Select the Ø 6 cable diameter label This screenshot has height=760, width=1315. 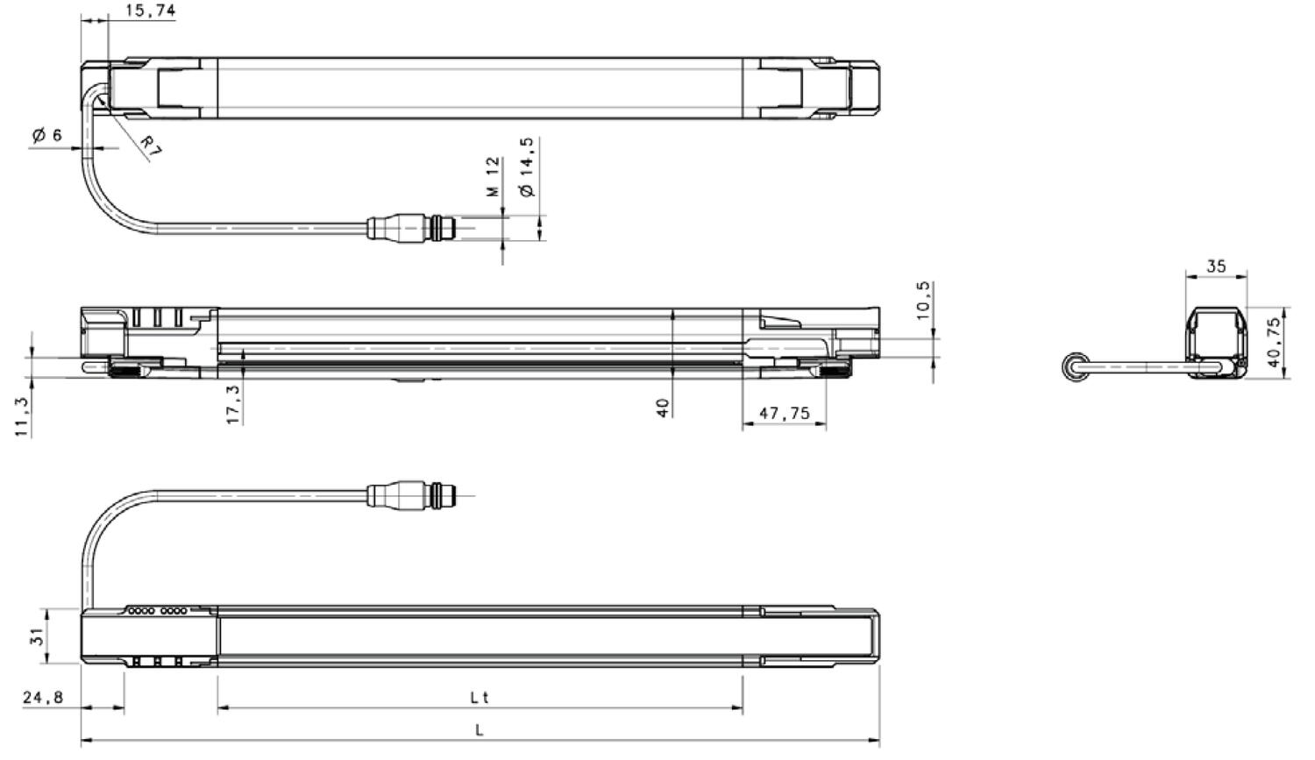(46, 135)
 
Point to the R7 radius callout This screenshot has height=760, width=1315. (151, 146)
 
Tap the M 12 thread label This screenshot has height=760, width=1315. (493, 176)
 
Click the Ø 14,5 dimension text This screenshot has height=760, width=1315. (526, 167)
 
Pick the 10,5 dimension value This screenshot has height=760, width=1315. (922, 301)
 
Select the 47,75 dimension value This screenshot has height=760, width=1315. (784, 413)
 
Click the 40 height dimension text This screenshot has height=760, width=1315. (663, 408)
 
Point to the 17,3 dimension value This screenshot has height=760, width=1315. (233, 403)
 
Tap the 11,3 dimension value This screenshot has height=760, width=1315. (23, 416)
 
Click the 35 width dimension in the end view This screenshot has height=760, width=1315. (1216, 266)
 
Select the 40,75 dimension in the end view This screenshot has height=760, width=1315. (1274, 342)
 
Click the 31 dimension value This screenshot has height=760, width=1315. (37, 636)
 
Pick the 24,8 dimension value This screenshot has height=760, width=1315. (43, 698)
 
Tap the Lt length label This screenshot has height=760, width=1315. (479, 698)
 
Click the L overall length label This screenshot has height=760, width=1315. (479, 729)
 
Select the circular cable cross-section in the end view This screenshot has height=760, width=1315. (1072, 368)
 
